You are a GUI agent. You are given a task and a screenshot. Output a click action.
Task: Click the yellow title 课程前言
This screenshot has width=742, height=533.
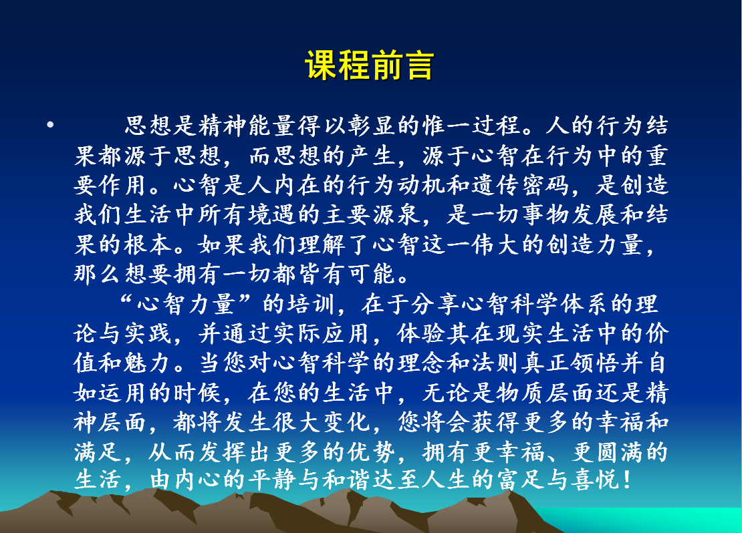click(x=370, y=65)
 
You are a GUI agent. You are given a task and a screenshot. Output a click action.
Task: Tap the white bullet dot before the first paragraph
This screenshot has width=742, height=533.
click(x=51, y=126)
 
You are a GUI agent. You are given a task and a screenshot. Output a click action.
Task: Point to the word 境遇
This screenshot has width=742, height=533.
click(x=273, y=214)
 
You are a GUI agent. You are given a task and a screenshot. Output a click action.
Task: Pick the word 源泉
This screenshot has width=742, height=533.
click(x=396, y=214)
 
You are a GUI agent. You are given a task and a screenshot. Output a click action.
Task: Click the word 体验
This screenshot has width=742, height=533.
click(x=421, y=333)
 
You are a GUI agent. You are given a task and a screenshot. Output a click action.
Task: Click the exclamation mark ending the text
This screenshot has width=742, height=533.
click(x=628, y=480)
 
